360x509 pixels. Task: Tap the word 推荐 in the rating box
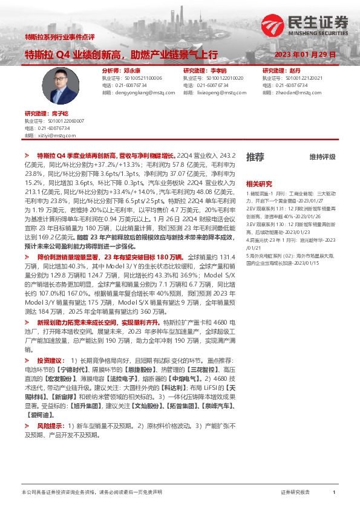[255, 157]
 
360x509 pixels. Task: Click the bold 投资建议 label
[49, 358]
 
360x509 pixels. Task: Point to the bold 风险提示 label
[49, 425]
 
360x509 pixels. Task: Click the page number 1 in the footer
[333, 493]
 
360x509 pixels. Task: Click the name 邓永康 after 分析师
[131, 71]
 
